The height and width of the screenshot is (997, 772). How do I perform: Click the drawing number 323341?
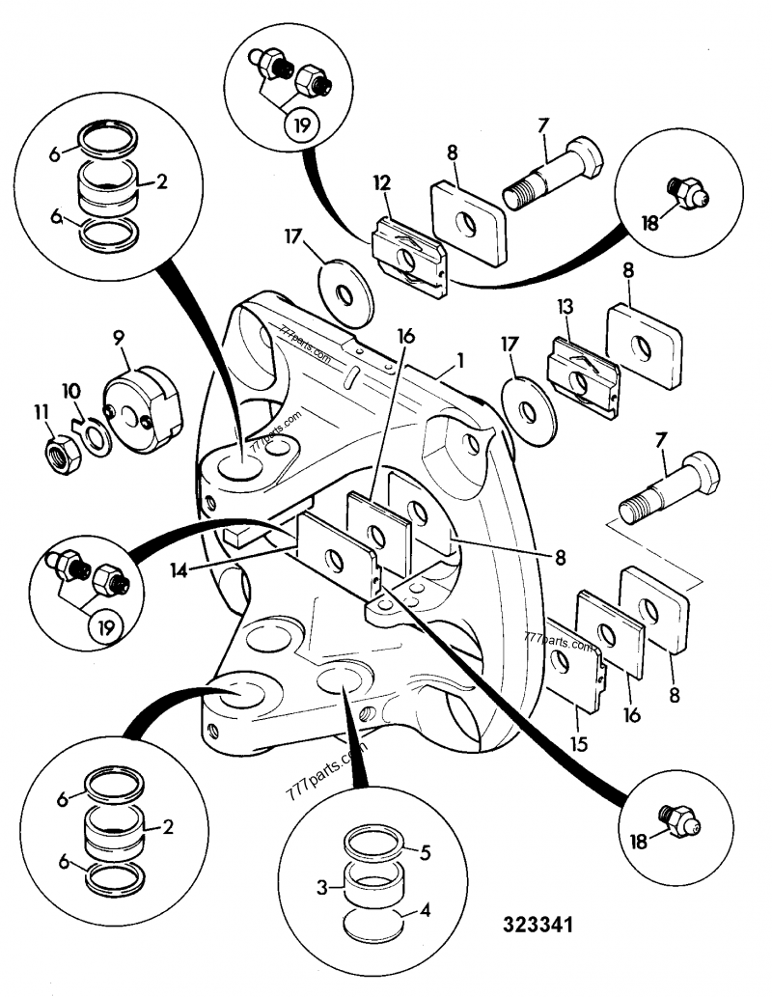[538, 924]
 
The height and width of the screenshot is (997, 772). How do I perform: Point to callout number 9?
[119, 338]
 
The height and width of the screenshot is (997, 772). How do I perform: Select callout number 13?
[565, 308]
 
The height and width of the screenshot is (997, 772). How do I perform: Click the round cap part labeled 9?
[143, 408]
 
